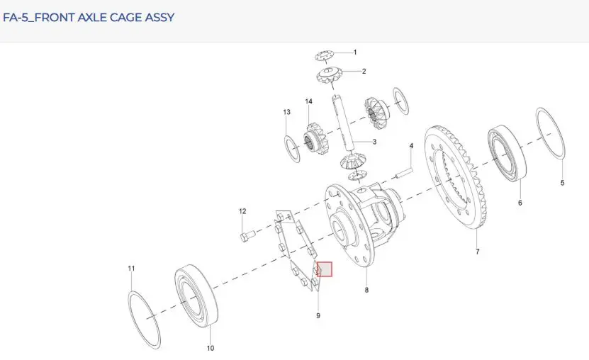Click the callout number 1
pos(355,52)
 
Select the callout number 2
pos(364,71)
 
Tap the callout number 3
pos(374,142)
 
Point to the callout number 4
pos(411,146)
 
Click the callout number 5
pos(562,183)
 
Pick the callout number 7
pos(478,252)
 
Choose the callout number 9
pos(318,315)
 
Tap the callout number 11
pos(131,269)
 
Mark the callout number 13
pos(286,112)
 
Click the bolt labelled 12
pos(247,236)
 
